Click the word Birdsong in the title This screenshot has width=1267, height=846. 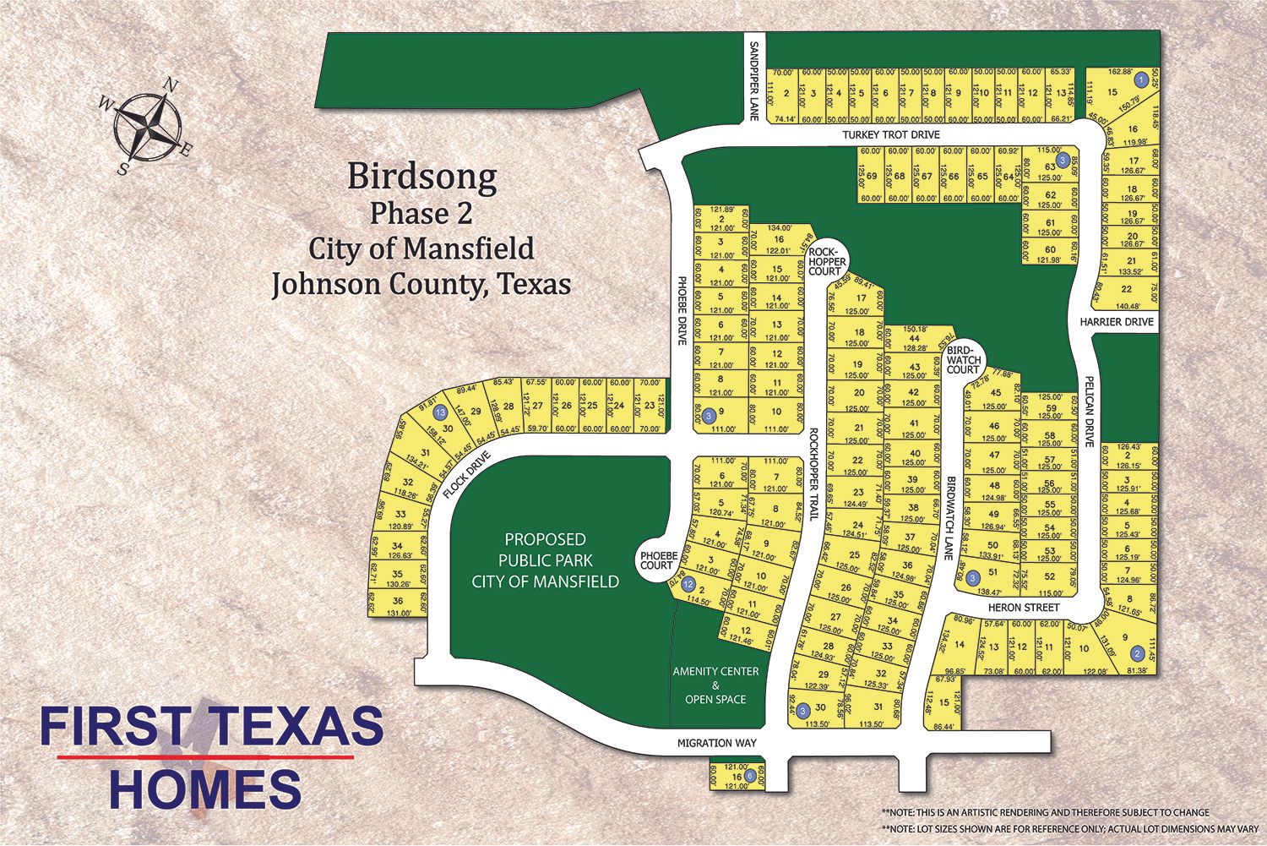coord(421,177)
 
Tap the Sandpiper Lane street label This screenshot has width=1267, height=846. coord(755,79)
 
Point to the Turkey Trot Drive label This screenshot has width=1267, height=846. coord(890,135)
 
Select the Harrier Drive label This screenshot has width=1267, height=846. coord(1116,322)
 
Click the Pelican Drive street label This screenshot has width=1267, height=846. coord(1090,412)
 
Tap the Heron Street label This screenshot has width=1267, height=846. coord(1024,608)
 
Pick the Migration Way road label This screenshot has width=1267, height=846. coord(716,743)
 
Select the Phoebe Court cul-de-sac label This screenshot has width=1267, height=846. coord(655,559)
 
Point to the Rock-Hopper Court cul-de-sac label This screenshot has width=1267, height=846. coord(825,261)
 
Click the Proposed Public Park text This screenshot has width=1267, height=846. coord(545,560)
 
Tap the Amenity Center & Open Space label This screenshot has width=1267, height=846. coord(715,685)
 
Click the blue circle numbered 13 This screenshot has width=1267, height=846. coord(439,413)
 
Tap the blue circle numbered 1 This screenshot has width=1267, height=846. coord(1140,80)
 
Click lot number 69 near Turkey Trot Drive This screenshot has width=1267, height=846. coord(872,177)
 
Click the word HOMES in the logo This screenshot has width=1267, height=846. coord(205,790)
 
